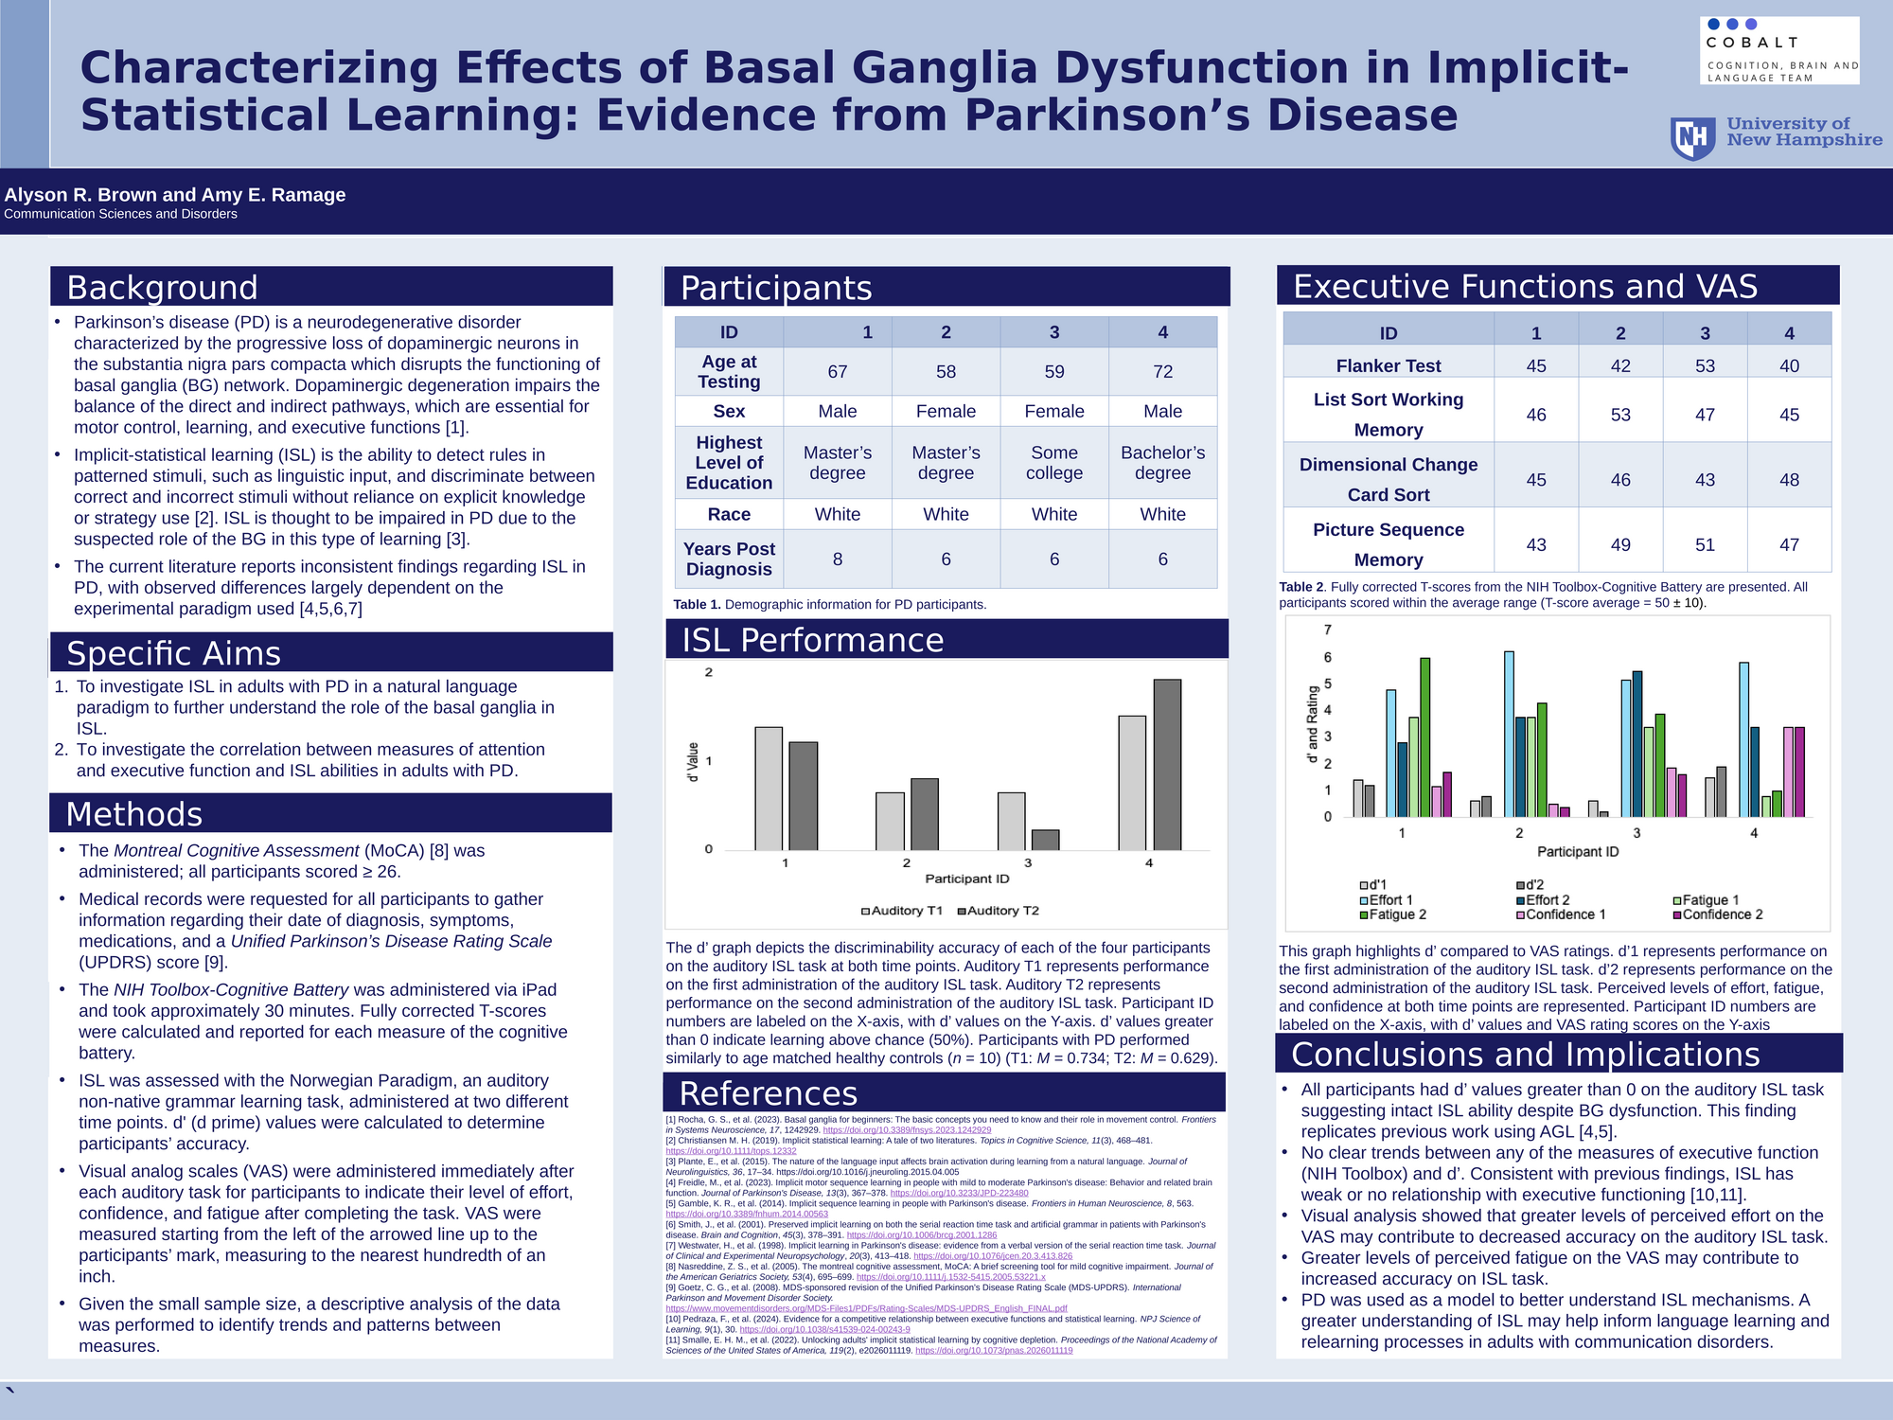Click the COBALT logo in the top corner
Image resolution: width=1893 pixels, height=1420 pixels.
click(x=1778, y=50)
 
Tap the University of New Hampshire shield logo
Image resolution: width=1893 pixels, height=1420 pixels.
click(x=1692, y=139)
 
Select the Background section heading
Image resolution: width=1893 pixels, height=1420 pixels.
click(x=162, y=288)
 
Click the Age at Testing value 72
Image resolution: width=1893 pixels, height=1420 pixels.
click(x=1162, y=372)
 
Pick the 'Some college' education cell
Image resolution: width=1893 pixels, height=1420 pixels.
click(x=1053, y=463)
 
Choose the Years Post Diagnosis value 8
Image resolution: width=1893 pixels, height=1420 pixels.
click(x=837, y=559)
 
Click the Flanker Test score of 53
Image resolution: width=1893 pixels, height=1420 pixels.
click(x=1704, y=366)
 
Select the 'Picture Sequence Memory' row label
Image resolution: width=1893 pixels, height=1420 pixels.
click(x=1388, y=544)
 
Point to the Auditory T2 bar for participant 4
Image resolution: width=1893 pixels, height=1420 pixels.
click(x=1167, y=765)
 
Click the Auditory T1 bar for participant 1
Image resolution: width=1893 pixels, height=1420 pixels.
click(x=769, y=789)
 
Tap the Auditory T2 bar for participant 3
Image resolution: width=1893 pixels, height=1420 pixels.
click(x=1045, y=840)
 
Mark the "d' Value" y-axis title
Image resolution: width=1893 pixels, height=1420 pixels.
click(x=693, y=762)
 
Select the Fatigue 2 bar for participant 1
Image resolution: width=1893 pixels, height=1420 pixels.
click(x=1424, y=737)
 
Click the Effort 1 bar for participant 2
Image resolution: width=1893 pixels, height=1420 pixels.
click(x=1509, y=734)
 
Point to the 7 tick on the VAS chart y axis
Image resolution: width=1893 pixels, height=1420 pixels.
click(x=1327, y=630)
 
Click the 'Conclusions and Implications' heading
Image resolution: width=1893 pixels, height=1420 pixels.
click(x=1525, y=1055)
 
